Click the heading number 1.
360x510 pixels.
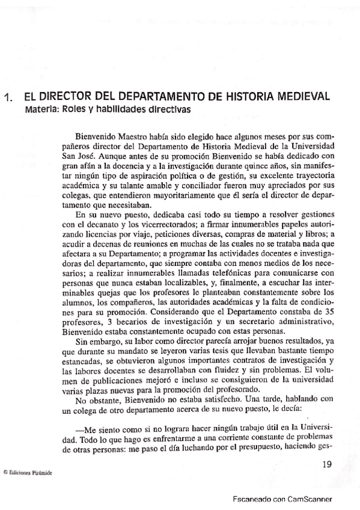coord(9,99)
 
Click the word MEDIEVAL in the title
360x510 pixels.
coord(299,97)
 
